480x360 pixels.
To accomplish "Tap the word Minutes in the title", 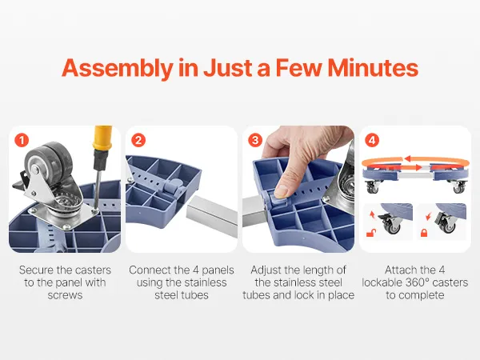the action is (x=373, y=68).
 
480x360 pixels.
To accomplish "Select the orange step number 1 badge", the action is (x=22, y=140).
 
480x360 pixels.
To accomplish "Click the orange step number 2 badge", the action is (x=138, y=140).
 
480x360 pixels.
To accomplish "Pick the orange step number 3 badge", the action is (x=255, y=140).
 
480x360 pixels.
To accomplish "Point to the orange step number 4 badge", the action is (x=372, y=140).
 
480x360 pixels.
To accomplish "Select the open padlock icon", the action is (x=371, y=234).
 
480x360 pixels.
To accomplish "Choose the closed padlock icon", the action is (x=424, y=233).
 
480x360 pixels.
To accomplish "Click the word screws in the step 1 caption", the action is (x=65, y=295).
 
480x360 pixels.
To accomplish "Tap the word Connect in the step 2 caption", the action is (x=150, y=270).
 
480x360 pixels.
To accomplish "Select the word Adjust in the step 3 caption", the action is (x=266, y=270).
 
